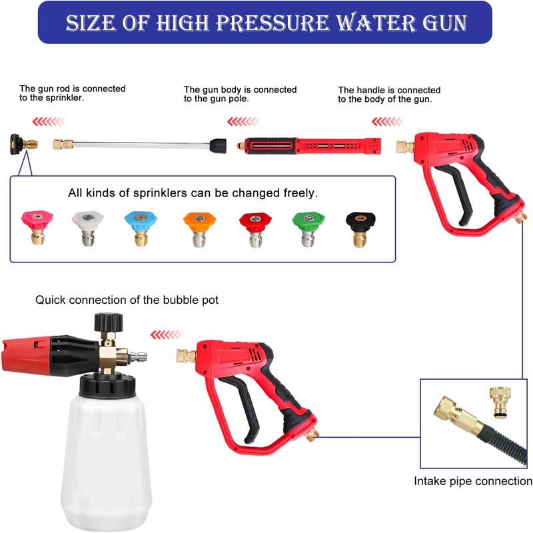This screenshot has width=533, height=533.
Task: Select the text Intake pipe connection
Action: (x=473, y=481)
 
